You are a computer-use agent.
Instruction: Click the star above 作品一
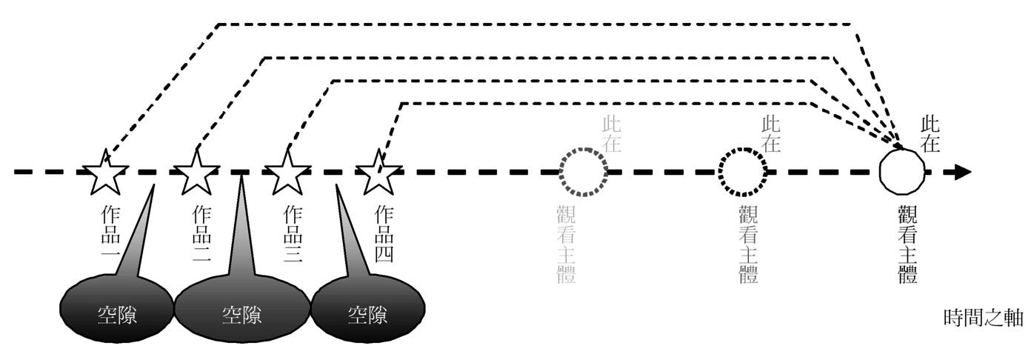pyautogui.click(x=107, y=173)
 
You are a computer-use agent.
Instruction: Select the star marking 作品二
pyautogui.click(x=196, y=173)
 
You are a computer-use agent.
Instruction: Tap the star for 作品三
pyautogui.click(x=287, y=173)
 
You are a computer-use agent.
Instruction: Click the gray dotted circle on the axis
pyautogui.click(x=583, y=173)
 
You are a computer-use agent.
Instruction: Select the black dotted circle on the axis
pyautogui.click(x=743, y=173)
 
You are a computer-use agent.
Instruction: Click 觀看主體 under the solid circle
pyautogui.click(x=905, y=245)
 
